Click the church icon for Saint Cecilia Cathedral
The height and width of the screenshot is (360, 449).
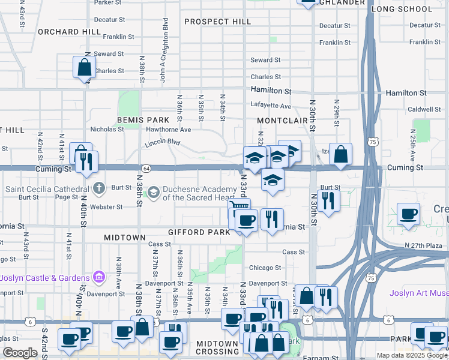pos(100,188)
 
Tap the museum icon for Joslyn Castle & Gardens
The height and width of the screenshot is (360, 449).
pos(99,278)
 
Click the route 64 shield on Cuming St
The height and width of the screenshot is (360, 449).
pos(146,168)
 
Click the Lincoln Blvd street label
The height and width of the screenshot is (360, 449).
pos(162,144)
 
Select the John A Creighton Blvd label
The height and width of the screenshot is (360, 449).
pos(163,65)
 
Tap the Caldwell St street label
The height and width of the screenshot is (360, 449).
pos(424,109)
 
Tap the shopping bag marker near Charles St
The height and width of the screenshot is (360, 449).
pos(85,67)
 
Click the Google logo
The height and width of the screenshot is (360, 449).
pos(20,353)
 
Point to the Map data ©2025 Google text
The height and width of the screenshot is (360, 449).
pos(412,355)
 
